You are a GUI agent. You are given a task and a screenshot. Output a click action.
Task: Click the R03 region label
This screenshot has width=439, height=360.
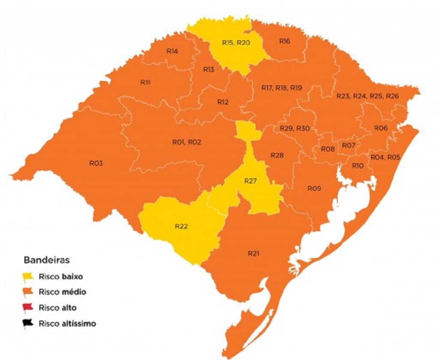click(96, 163)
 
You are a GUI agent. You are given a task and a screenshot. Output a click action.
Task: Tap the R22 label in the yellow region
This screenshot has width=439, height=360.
click(181, 227)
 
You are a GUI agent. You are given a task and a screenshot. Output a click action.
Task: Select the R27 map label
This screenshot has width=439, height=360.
click(250, 181)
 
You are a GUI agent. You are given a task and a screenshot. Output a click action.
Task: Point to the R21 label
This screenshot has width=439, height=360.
click(253, 253)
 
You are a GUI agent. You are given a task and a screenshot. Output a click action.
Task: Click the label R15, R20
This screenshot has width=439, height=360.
click(236, 42)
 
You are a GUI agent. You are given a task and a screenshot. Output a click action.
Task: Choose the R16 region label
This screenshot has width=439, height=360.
click(285, 41)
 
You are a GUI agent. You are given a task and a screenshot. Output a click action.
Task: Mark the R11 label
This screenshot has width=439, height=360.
click(145, 82)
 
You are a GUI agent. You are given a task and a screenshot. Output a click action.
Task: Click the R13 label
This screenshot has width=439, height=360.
click(209, 69)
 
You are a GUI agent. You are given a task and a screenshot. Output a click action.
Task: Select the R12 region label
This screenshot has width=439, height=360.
click(223, 102)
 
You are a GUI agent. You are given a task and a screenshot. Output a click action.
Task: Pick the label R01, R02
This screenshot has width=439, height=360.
click(186, 142)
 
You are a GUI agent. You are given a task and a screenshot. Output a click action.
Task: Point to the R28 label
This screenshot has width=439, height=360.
click(277, 155)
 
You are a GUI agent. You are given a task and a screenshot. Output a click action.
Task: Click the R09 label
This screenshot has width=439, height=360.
click(314, 188)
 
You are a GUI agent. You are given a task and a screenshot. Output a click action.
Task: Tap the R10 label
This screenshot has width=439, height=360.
click(358, 166)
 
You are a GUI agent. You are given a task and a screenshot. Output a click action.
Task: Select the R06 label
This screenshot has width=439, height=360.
click(381, 128)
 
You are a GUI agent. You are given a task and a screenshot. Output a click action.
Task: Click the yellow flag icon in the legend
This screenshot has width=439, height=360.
click(28, 277)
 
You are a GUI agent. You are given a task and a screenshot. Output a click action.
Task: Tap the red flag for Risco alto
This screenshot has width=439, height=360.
click(28, 308)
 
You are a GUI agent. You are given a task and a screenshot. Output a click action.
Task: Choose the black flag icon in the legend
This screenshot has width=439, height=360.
click(28, 324)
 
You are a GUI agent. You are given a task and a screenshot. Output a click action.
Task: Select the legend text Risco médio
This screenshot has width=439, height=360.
click(62, 292)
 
